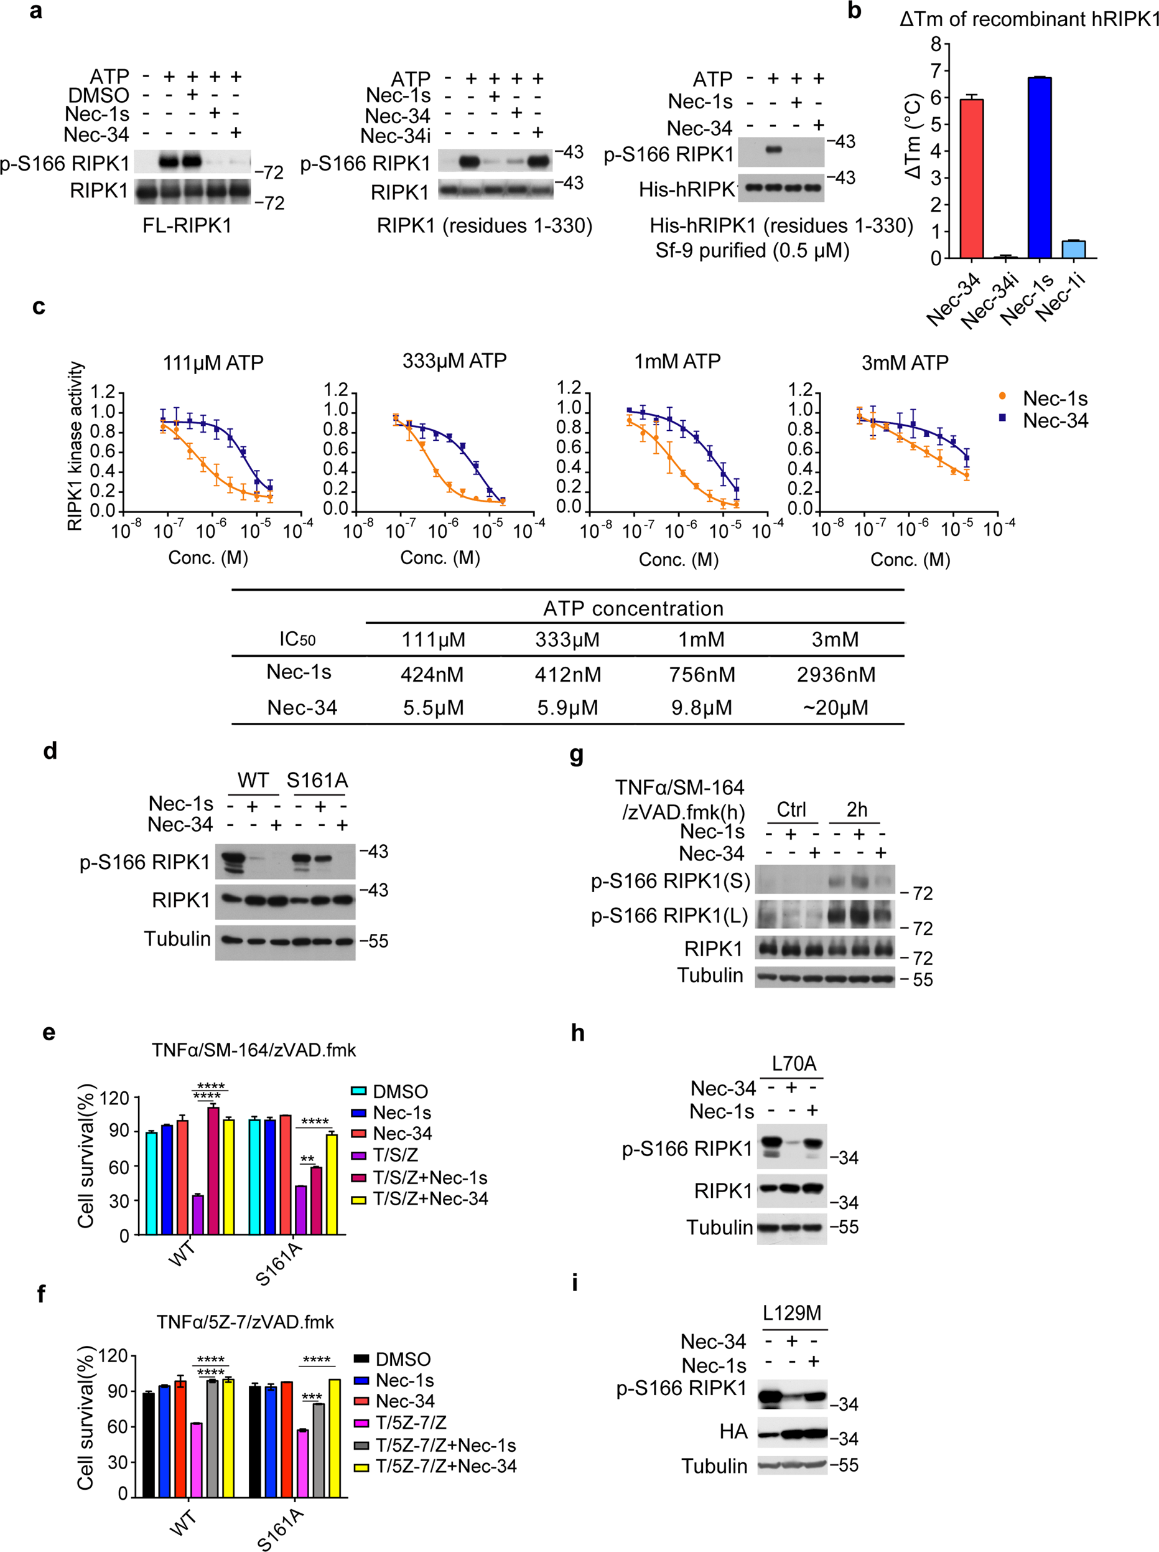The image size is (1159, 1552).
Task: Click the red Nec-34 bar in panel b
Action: [x=970, y=179]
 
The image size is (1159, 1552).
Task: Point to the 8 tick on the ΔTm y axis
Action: [x=936, y=44]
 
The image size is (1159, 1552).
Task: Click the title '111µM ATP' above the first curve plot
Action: [x=213, y=363]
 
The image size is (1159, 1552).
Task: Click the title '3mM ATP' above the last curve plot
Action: [x=905, y=363]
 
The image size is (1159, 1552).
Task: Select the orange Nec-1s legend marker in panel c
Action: [x=1002, y=397]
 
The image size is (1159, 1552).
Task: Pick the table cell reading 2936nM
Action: [x=836, y=674]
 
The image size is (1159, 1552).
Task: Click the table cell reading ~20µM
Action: [x=836, y=707]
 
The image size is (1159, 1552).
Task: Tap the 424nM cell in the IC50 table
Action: [x=432, y=674]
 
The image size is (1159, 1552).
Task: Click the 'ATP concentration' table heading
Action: [x=633, y=608]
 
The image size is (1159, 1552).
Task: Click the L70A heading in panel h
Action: [x=794, y=1064]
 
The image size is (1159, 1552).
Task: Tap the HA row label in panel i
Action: [x=733, y=1431]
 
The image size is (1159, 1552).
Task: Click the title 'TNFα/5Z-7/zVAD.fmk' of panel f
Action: [x=245, y=1322]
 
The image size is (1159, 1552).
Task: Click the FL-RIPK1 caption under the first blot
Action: [x=187, y=225]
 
